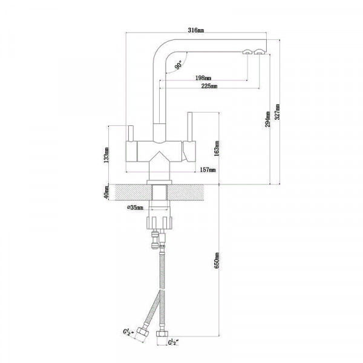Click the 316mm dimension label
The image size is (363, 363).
[x=196, y=30]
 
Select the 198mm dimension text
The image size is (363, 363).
[x=203, y=78]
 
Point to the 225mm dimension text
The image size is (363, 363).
[x=209, y=86]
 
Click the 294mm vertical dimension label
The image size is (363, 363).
[x=267, y=119]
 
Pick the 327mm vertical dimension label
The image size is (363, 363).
[x=277, y=112]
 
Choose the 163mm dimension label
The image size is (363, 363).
[x=217, y=148]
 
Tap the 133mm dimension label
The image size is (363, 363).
[x=106, y=155]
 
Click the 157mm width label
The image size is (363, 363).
[x=208, y=169]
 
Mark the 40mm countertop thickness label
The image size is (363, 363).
[x=106, y=192]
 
